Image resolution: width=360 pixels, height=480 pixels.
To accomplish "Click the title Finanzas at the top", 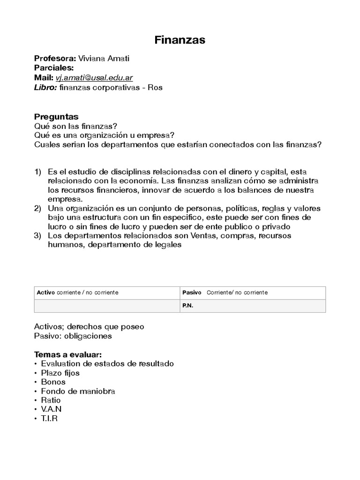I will click(180, 40).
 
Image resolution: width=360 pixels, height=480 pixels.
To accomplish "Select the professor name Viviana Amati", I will click(104, 59).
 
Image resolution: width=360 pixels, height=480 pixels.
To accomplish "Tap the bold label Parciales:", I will click(54, 68).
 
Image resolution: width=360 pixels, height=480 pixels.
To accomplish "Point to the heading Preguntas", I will click(56, 117).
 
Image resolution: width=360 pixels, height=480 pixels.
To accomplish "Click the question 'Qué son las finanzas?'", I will click(75, 126).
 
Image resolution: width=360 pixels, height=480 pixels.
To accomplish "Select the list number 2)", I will click(38, 208).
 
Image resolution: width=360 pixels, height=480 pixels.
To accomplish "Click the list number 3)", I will click(38, 236).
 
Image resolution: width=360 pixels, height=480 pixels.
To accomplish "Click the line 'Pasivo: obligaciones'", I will click(73, 336).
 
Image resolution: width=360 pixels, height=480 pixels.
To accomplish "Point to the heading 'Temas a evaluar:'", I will click(67, 354).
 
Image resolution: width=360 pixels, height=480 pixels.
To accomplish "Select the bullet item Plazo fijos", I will click(60, 373).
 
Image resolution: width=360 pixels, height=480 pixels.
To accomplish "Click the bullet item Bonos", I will click(53, 382).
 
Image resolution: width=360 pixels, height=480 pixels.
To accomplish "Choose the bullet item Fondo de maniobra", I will click(78, 391).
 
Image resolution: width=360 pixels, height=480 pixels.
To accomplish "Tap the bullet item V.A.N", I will click(51, 409).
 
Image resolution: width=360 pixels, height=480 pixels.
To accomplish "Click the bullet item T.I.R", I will click(49, 419).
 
